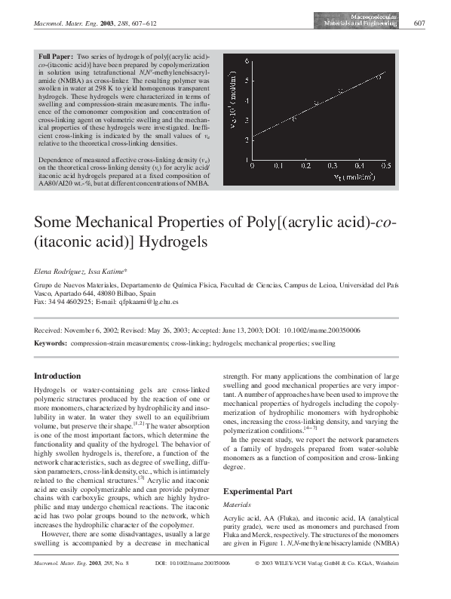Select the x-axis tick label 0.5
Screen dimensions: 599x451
(385, 164)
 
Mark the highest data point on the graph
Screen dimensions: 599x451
(379, 76)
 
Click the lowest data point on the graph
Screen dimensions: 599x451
(294, 118)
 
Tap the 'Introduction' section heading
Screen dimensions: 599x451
(57, 376)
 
